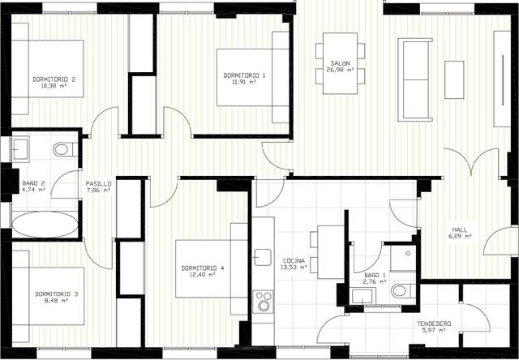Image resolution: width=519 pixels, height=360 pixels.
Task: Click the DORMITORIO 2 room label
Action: pyautogui.click(x=54, y=79)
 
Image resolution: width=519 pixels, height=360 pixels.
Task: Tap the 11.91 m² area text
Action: pyautogui.click(x=240, y=82)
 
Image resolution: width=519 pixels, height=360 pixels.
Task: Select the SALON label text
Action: pyautogui.click(x=340, y=63)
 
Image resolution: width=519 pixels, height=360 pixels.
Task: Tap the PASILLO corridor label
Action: pyautogui.click(x=98, y=184)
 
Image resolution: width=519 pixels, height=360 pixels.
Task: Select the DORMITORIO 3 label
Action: pyautogui.click(x=57, y=294)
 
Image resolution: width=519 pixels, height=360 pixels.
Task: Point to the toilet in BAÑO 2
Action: pyautogui.click(x=62, y=149)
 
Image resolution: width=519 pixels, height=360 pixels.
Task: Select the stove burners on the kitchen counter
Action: pyautogui.click(x=264, y=302)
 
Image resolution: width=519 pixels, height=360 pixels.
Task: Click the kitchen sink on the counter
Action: pyautogui.click(x=261, y=257)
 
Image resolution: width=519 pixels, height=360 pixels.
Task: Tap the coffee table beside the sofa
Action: pyautogui.click(x=454, y=79)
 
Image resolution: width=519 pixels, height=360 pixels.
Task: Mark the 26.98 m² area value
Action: pyautogui.click(x=340, y=71)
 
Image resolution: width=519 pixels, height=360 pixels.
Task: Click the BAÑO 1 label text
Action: pyautogui.click(x=375, y=276)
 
